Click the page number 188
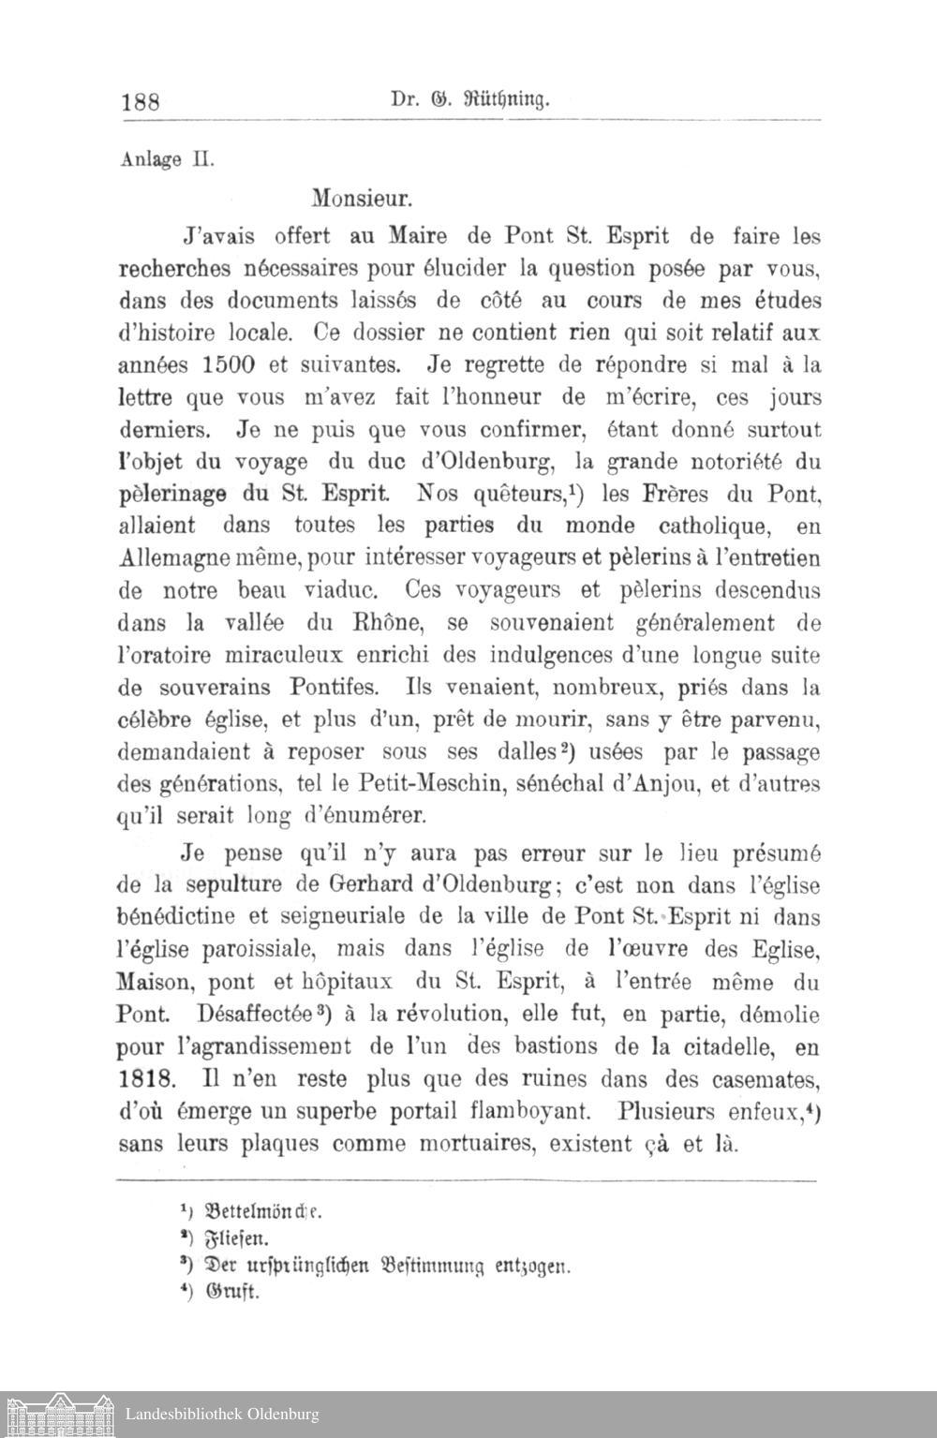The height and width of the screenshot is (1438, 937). (142, 101)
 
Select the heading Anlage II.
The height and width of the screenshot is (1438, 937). (155, 158)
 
